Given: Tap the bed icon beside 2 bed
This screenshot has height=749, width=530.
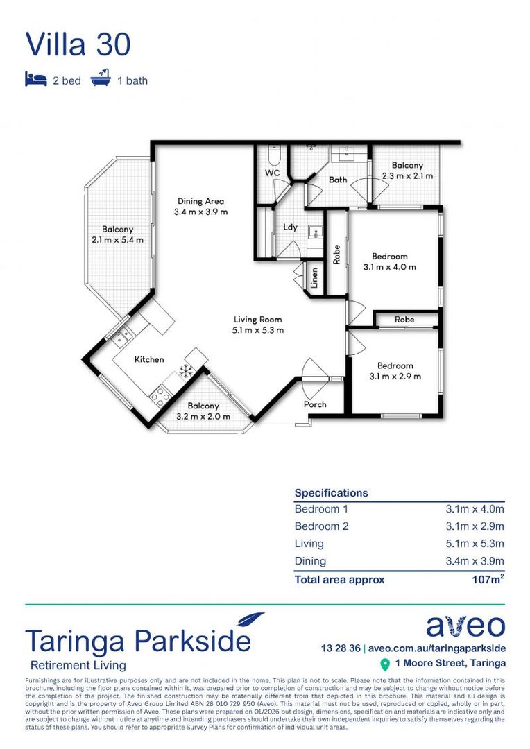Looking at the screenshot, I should tap(35, 79).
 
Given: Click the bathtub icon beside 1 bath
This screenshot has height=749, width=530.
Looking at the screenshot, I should tap(101, 79).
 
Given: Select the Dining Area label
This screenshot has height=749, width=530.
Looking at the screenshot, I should tap(200, 201).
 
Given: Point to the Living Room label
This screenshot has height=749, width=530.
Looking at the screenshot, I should tap(257, 320).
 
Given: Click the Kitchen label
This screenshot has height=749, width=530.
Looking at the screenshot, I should tap(148, 359).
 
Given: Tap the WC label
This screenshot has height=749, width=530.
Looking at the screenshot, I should tap(272, 173).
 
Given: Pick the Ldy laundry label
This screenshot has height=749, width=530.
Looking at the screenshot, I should tap(290, 227).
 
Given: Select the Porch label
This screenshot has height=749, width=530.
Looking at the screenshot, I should tap(315, 404).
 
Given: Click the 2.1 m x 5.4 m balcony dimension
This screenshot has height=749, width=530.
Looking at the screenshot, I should tap(117, 240).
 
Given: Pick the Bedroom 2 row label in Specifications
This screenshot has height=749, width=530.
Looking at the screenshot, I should tap(322, 526).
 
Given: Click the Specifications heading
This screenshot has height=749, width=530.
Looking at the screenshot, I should tap(331, 493).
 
